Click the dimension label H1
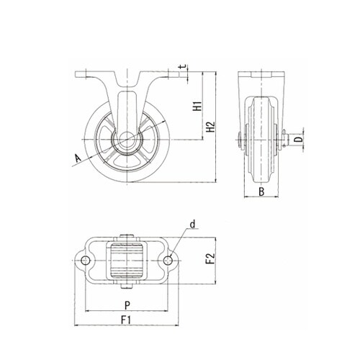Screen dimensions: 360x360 [x=197, y=107]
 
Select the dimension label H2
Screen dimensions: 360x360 [x=211, y=127]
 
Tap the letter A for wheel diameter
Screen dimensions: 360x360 [x=78, y=158]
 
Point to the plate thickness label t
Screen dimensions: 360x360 [x=184, y=67]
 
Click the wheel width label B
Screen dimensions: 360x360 [x=261, y=192]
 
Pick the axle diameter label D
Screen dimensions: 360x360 [x=297, y=140]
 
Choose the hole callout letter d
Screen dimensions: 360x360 [x=192, y=225]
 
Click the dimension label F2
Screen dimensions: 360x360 [x=210, y=258]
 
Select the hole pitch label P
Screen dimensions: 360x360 [x=127, y=305]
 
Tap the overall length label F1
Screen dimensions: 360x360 [x=125, y=320]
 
